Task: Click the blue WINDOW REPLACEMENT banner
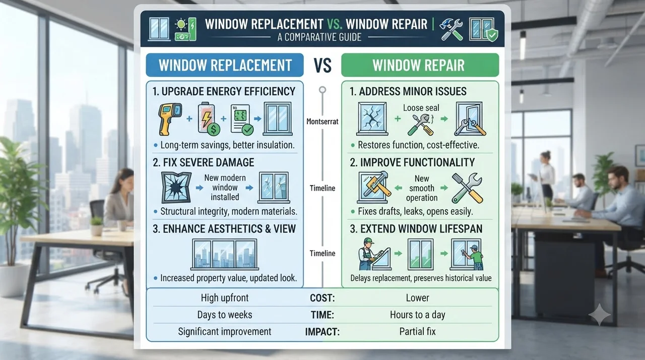coord(225,65)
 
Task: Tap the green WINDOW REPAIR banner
coord(420,65)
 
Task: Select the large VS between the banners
coord(322,65)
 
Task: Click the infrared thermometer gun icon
coord(170,119)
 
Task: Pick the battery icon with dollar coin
coord(209,118)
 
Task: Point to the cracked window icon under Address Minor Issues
coord(372,118)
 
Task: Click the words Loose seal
coord(421,108)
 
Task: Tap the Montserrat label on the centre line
coord(322,122)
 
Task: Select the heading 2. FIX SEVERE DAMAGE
coord(203,162)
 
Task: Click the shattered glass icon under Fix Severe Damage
coord(176,188)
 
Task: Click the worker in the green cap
coord(368,254)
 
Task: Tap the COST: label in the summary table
coord(322,298)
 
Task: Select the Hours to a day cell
coord(418,315)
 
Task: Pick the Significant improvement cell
coord(225,331)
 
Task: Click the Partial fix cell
coord(418,331)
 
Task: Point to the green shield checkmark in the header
coord(492,35)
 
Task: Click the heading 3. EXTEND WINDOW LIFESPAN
coord(416,229)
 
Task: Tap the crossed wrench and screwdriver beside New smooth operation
coord(467,188)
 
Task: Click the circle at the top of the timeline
coord(322,90)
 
